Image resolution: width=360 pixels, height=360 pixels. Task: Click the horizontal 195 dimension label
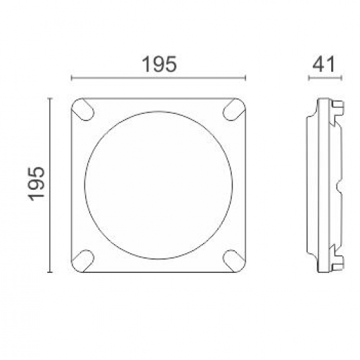point(159,64)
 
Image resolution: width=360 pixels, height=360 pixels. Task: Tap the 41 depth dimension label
point(325,64)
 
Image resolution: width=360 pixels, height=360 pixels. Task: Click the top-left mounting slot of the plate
point(82,109)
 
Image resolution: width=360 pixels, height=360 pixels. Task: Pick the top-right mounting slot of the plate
point(233,110)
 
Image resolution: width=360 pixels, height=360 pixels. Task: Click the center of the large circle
point(158,185)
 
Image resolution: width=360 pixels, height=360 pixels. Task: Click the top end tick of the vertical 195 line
point(50,98)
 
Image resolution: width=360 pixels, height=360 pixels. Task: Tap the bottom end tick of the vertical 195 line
point(50,272)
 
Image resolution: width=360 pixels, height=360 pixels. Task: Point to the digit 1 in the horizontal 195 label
point(145,64)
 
